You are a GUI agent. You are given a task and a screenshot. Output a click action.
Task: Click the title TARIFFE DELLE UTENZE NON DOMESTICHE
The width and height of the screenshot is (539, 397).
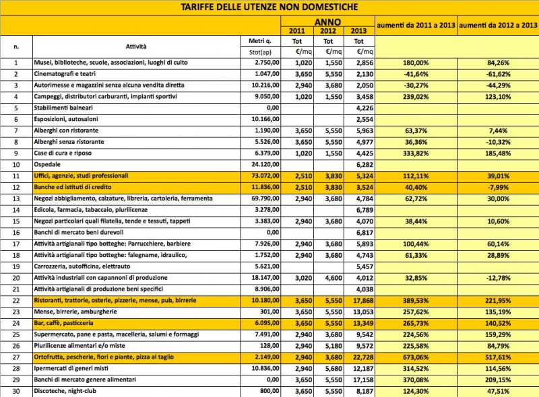[x=269, y=7]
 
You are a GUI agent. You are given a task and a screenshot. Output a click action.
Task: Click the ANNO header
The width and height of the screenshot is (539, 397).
[x=330, y=21]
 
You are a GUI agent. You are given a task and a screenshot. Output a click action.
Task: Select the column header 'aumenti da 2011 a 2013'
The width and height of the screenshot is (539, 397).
[x=416, y=25]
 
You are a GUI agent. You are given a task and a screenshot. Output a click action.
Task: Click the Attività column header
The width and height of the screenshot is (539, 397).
[x=136, y=46]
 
